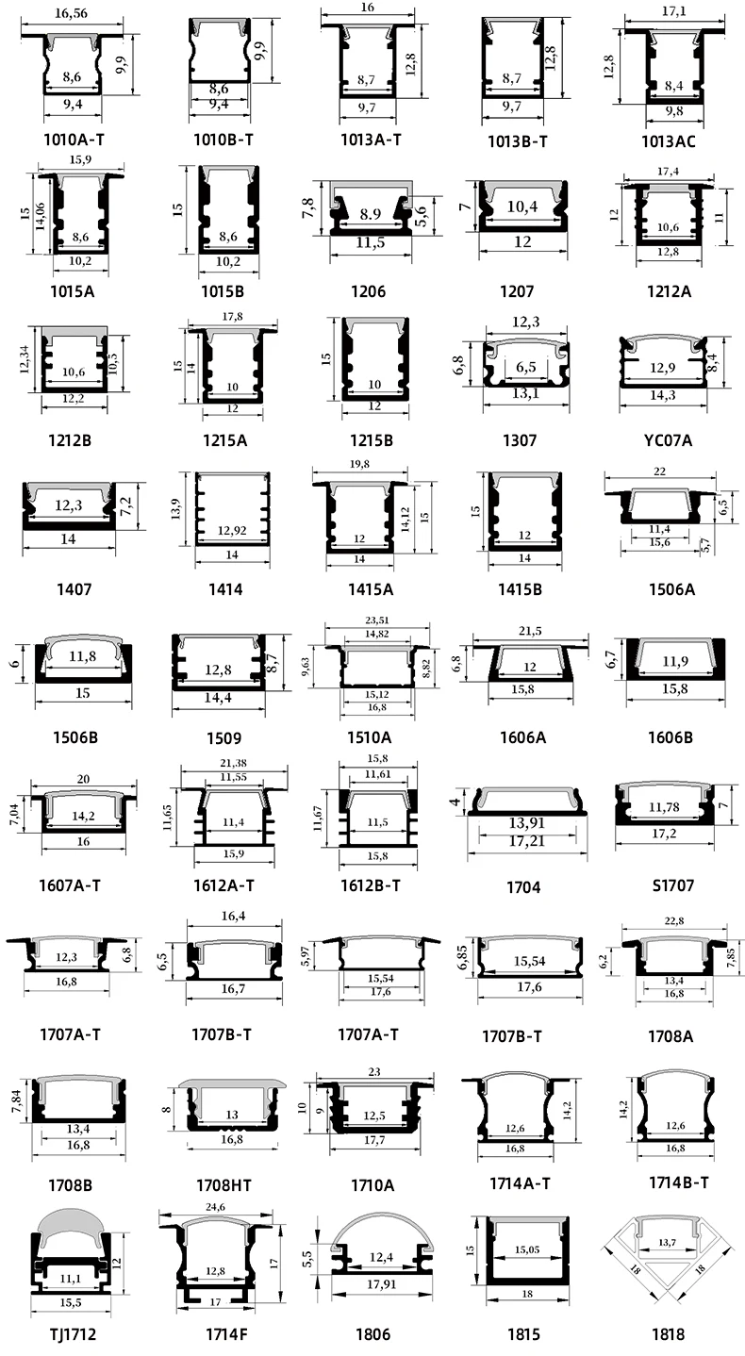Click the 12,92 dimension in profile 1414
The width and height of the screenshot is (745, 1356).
[x=230, y=531]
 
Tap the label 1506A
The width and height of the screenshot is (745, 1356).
[x=671, y=590]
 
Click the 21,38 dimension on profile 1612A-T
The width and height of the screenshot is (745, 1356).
[x=232, y=762]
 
